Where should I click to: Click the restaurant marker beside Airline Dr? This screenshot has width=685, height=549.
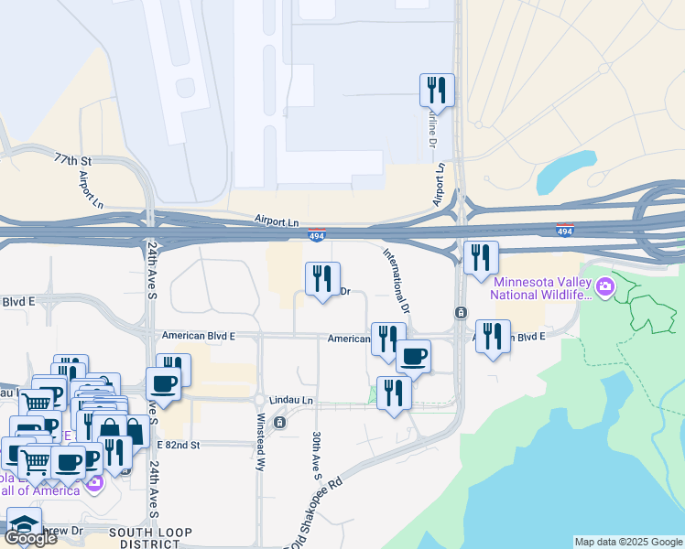click(x=437, y=91)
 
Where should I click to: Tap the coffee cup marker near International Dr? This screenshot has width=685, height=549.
click(x=414, y=356)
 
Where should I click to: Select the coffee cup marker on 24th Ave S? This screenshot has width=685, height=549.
click(x=164, y=383)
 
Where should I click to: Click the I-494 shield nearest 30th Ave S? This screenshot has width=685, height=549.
click(x=316, y=236)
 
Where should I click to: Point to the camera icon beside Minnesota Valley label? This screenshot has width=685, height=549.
click(x=605, y=289)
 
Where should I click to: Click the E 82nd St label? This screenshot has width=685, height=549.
click(x=177, y=444)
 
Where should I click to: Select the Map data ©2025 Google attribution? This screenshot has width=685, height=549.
click(x=627, y=542)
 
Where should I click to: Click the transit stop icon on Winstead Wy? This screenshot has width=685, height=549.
click(x=281, y=423)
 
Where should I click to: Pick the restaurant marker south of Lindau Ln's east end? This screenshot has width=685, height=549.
click(x=394, y=393)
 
